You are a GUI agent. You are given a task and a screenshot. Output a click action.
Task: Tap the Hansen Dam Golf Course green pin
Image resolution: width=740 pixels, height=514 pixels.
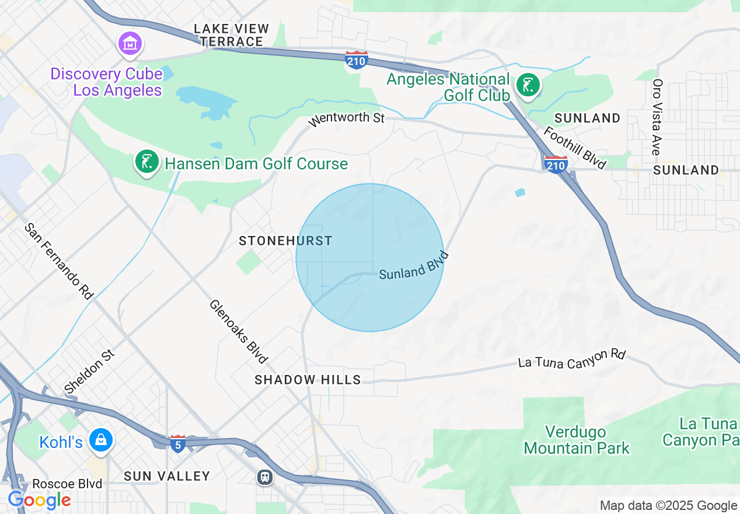(x=147, y=161)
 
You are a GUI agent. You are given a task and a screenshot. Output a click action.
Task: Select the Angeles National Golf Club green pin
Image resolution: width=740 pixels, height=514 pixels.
(x=528, y=86)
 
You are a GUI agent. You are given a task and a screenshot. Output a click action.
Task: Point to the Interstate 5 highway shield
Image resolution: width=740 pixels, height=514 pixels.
(x=178, y=443)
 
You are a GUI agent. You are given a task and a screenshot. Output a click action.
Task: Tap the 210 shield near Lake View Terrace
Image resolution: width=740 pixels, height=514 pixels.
(x=356, y=60)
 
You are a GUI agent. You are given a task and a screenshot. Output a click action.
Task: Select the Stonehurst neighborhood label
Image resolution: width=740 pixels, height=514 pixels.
(x=285, y=241)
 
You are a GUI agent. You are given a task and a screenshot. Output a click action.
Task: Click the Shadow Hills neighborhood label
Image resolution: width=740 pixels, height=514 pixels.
(x=308, y=380)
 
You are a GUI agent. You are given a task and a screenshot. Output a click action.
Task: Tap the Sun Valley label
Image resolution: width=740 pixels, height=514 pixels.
(x=167, y=476)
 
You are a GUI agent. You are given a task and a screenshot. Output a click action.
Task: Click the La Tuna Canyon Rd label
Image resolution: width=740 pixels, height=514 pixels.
(x=571, y=359)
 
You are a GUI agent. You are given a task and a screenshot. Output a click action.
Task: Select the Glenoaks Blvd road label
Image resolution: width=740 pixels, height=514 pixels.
(x=238, y=331)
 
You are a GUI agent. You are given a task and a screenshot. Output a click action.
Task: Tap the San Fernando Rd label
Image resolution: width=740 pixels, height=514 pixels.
(x=58, y=261)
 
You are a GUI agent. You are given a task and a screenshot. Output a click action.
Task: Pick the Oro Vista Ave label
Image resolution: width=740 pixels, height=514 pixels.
(x=657, y=117)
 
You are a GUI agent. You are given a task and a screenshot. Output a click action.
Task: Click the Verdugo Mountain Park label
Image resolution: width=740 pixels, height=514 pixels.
(x=576, y=440)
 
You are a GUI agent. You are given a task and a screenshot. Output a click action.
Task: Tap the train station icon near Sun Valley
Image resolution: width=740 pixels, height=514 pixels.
(x=265, y=477)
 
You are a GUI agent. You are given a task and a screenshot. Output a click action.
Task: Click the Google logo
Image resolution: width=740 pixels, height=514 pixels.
(x=39, y=500)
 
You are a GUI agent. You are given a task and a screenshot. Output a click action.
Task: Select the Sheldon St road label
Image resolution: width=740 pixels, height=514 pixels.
(x=90, y=371)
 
